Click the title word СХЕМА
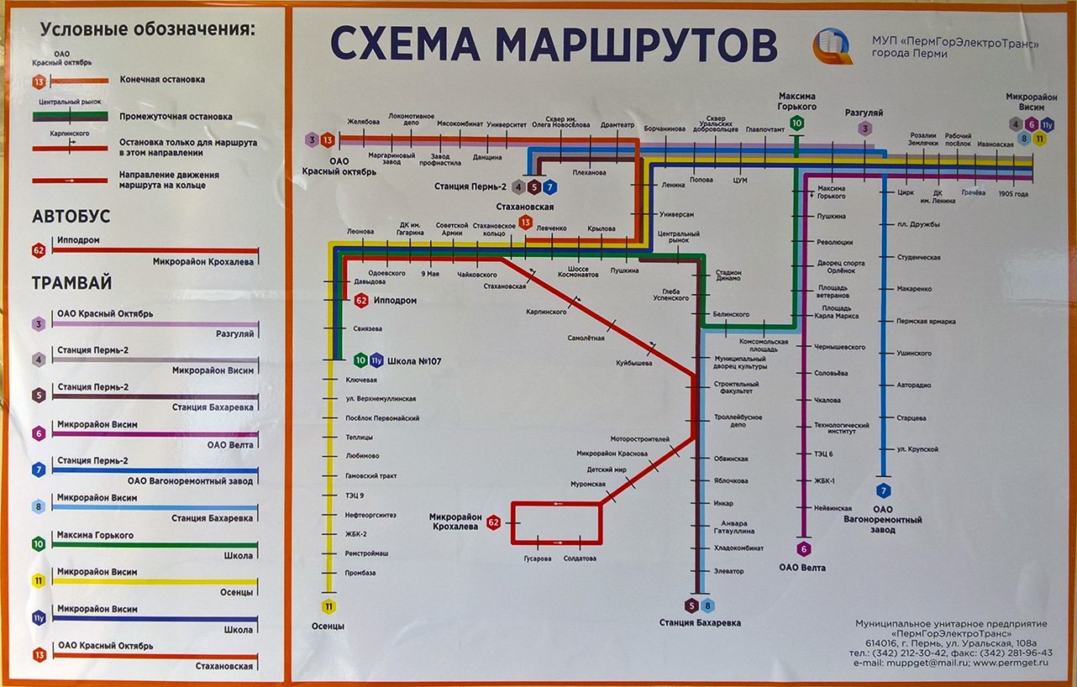tap(403, 45)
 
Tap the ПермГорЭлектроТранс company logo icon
tap(833, 46)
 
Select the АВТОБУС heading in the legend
tap(71, 217)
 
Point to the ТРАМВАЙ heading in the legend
tap(71, 283)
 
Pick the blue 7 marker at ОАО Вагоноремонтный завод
tap(882, 490)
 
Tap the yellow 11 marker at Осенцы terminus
tap(328, 606)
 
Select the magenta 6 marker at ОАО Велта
tap(804, 549)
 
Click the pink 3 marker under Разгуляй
tap(864, 128)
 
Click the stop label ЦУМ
tap(740, 181)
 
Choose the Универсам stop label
tap(677, 214)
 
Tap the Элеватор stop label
tap(729, 571)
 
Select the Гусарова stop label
tap(537, 559)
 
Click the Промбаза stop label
tap(360, 573)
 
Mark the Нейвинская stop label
tap(833, 508)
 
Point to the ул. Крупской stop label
tap(917, 449)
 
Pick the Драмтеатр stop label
tap(617, 125)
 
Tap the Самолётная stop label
tap(586, 338)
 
